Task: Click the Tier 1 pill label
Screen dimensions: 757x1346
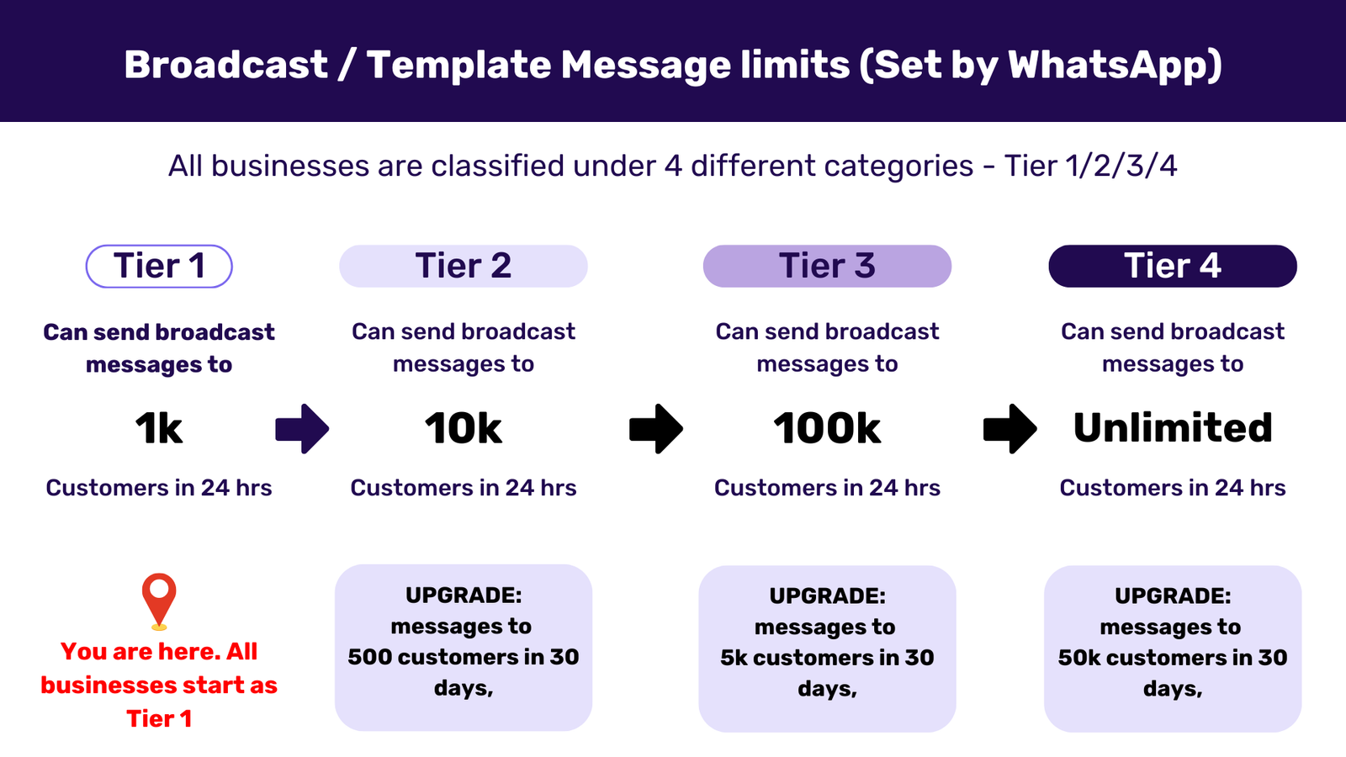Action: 159,267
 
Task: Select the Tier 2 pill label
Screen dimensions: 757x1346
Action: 464,267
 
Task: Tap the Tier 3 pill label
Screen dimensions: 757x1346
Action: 827,267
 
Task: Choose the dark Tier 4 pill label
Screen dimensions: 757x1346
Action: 1173,267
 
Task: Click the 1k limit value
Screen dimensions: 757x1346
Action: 159,429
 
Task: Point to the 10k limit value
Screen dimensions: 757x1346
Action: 464,429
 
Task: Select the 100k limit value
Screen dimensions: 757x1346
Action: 827,429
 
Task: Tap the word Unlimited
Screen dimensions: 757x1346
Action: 1173,428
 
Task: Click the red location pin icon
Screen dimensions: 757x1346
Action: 159,599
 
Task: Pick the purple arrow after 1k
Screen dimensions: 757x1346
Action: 302,429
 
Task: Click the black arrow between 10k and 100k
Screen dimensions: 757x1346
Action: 656,429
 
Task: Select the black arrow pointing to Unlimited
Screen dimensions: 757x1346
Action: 1010,429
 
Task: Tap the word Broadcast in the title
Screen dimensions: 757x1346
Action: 225,65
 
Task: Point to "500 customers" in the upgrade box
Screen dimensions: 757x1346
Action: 427,657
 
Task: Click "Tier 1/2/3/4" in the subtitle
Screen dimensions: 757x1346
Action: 1090,166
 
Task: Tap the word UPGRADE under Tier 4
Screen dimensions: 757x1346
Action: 1171,596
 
